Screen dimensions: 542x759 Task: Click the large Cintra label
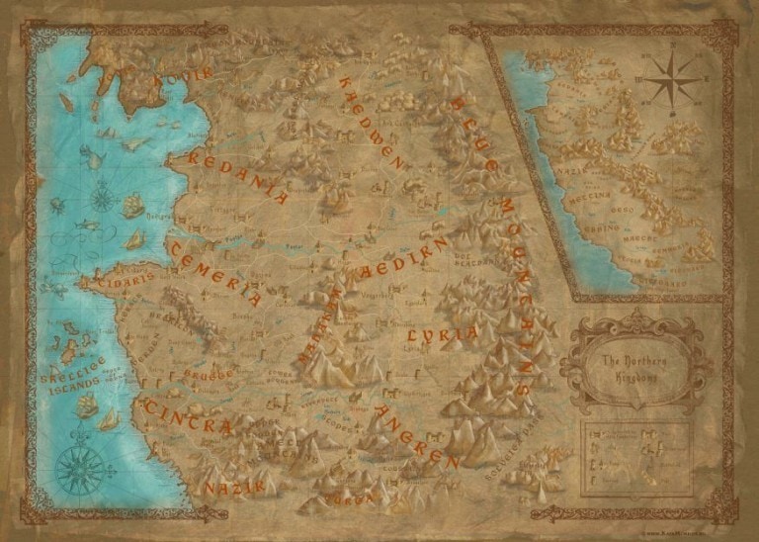[x=187, y=416]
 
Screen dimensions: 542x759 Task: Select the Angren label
[x=413, y=436]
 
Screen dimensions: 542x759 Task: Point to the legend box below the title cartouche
[x=638, y=458]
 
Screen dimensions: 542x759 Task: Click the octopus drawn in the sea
[x=57, y=207]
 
